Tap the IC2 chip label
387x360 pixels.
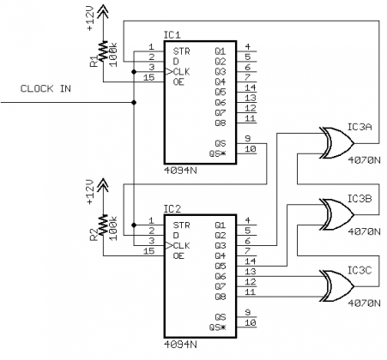pyautogui.click(x=172, y=208)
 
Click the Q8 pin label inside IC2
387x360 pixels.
pyautogui.click(x=221, y=294)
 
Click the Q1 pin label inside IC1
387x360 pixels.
pyautogui.click(x=221, y=49)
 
